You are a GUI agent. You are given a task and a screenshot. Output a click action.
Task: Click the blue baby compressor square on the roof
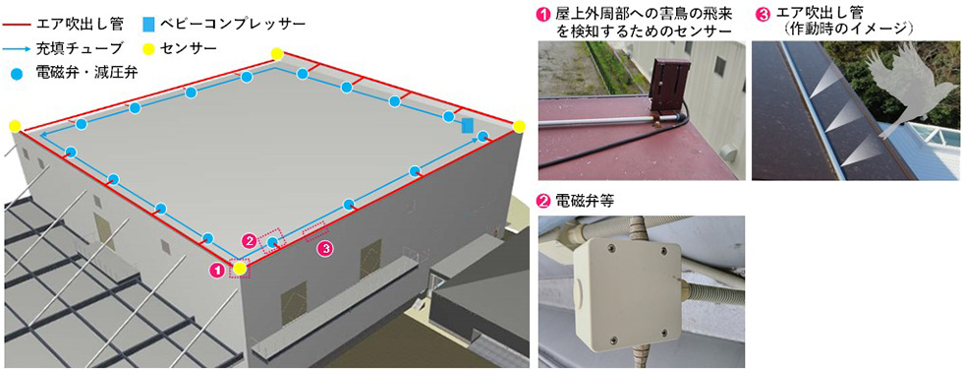pos(468,126)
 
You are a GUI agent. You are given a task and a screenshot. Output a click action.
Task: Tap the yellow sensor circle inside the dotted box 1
pos(240,268)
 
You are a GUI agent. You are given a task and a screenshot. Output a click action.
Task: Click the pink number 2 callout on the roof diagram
pos(249,241)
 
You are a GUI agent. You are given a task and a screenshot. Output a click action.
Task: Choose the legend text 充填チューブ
pos(82,47)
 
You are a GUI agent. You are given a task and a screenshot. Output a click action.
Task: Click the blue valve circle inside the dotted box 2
pos(271,243)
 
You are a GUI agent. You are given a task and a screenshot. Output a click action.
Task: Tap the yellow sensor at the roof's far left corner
pos(15,126)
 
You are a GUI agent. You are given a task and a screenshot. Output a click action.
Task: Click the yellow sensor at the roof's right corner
pos(519,127)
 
